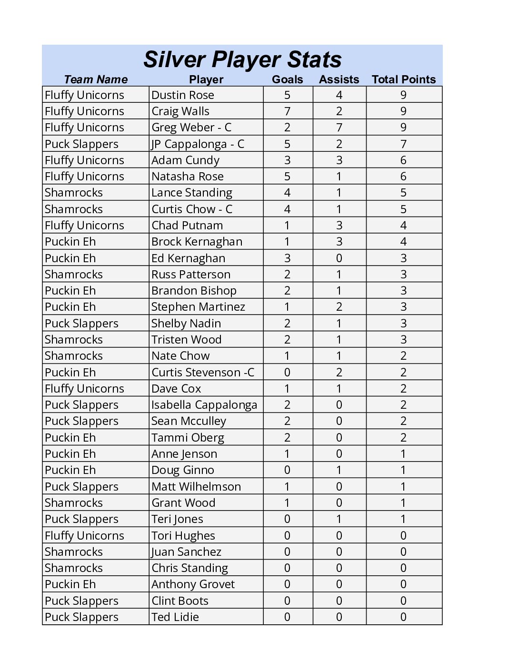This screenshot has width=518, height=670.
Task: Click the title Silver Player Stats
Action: [x=242, y=59]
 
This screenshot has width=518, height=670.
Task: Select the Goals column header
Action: [x=287, y=79]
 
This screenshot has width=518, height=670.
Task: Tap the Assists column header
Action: [x=339, y=79]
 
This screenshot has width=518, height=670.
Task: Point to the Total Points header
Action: [x=404, y=79]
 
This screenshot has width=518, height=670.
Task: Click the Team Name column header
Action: [x=96, y=79]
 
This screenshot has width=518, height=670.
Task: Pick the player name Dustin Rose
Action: [x=183, y=95]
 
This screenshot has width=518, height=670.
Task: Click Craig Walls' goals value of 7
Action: [x=287, y=111]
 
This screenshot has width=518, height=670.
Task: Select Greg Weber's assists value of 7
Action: [x=339, y=128]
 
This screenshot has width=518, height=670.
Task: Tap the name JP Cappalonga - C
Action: [x=198, y=144]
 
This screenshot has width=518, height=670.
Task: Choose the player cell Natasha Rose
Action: [x=188, y=177]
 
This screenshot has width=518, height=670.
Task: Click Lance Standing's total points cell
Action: [x=404, y=193]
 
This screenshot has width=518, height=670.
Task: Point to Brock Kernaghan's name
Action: [x=197, y=242]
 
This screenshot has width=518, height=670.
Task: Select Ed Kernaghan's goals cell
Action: [x=287, y=258]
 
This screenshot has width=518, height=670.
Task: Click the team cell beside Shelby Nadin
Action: [x=81, y=323]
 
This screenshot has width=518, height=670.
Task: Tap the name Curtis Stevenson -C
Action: [x=203, y=372]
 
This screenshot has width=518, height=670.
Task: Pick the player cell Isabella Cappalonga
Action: [x=204, y=405]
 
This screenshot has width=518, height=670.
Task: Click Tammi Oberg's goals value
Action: [x=287, y=437]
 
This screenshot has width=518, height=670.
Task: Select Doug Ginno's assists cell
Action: [x=339, y=470]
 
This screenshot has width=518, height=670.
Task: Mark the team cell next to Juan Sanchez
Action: [x=74, y=552]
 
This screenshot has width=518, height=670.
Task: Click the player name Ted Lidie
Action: [x=175, y=617]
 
